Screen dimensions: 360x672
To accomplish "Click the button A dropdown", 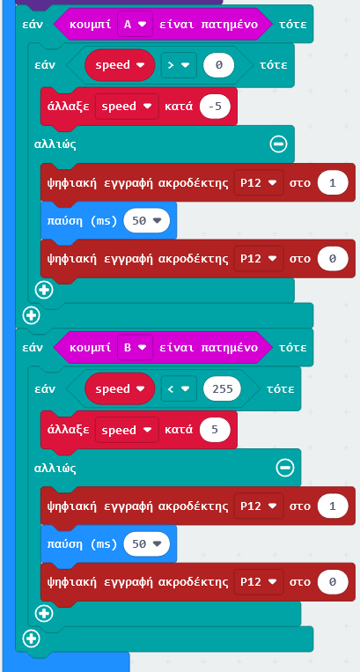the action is click(x=135, y=24).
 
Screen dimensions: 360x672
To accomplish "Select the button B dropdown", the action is click(x=135, y=347).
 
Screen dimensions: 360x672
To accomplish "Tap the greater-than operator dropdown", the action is click(x=179, y=65).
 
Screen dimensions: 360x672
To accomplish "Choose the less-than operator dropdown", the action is click(x=179, y=388).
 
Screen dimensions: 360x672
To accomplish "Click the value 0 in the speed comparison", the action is click(x=219, y=65).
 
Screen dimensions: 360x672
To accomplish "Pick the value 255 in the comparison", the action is click(x=222, y=388).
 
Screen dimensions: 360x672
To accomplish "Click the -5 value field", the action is click(x=215, y=107).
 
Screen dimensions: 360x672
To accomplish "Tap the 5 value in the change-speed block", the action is click(x=215, y=430).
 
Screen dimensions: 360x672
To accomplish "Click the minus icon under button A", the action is click(x=279, y=144).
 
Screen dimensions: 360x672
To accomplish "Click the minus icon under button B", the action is click(x=285, y=468).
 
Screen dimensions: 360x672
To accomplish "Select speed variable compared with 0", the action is click(x=120, y=65).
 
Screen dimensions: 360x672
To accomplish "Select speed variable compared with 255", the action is click(x=120, y=388).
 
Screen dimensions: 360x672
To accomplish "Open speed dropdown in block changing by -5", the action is click(x=127, y=107).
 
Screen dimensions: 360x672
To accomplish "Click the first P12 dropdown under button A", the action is click(x=259, y=183).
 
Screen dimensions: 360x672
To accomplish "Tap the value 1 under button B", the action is click(x=333, y=506).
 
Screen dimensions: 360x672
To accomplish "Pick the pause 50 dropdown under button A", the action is click(x=146, y=221).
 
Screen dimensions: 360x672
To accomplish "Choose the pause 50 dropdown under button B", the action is click(x=146, y=544).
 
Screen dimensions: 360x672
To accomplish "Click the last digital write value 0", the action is click(x=333, y=582).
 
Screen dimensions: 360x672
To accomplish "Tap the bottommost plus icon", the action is click(x=32, y=639).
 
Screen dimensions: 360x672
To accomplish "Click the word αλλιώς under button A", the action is click(x=55, y=144).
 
